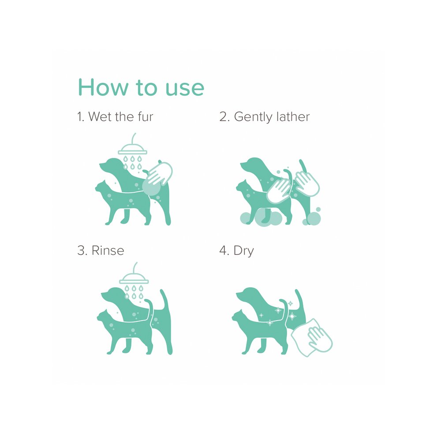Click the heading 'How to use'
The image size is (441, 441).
pyautogui.click(x=141, y=87)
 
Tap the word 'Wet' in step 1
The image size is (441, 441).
pyautogui.click(x=100, y=116)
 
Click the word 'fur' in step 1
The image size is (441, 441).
pyautogui.click(x=146, y=116)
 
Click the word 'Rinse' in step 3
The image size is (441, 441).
pyautogui.click(x=108, y=250)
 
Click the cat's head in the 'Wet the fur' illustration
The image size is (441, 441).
pyautogui.click(x=103, y=188)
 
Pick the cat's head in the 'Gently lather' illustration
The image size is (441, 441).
pyautogui.click(x=244, y=187)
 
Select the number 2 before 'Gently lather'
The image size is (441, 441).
pyautogui.click(x=223, y=117)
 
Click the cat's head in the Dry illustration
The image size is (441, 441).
pyautogui.click(x=239, y=317)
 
